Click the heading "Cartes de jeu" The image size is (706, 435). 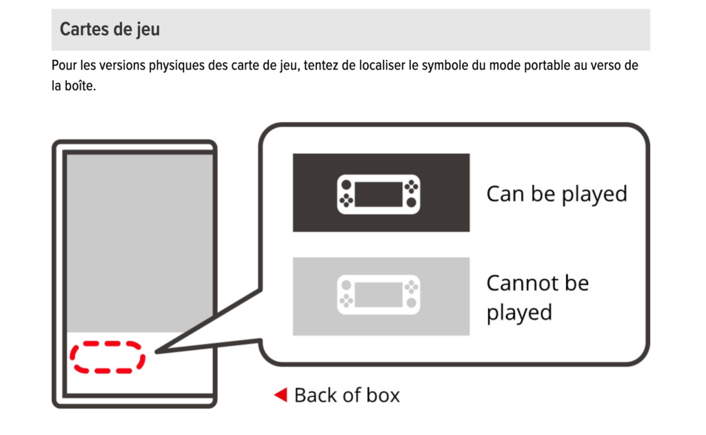110,30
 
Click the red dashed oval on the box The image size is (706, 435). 108,357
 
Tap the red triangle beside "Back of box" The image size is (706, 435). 280,395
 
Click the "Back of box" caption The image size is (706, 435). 347,395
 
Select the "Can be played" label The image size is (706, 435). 556,193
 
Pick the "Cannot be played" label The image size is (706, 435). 537,298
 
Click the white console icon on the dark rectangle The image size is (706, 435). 379,193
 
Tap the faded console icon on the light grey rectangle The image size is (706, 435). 379,296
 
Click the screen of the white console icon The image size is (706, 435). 378,193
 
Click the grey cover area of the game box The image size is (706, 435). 139,242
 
